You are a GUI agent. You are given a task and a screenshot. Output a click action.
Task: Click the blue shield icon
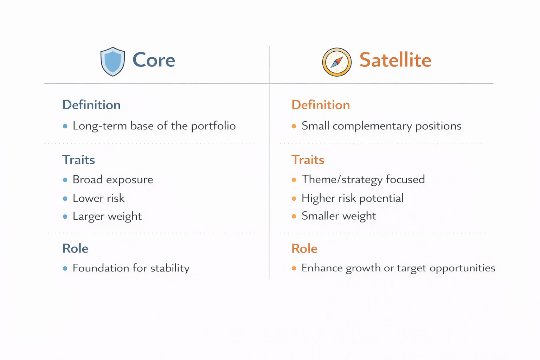pyautogui.click(x=112, y=62)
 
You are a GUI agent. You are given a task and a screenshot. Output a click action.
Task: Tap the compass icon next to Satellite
pyautogui.click(x=337, y=62)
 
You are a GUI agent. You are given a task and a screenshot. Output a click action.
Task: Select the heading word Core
pyautogui.click(x=154, y=60)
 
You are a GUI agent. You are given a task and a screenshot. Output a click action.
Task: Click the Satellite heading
pyautogui.click(x=396, y=59)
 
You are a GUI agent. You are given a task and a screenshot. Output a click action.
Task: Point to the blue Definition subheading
pyautogui.click(x=91, y=105)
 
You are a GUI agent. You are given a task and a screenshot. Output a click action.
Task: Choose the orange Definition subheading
pyautogui.click(x=321, y=105)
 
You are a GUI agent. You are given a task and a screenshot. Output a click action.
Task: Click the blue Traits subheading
pyautogui.click(x=79, y=160)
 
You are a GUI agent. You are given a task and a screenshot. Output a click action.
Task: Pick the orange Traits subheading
pyautogui.click(x=308, y=160)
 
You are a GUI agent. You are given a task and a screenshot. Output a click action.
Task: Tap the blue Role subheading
pyautogui.click(x=75, y=248)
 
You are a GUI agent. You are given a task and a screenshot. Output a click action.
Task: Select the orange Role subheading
pyautogui.click(x=304, y=248)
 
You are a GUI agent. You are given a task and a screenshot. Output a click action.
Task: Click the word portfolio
pyautogui.click(x=213, y=126)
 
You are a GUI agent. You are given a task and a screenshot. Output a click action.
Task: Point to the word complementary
pyautogui.click(x=372, y=126)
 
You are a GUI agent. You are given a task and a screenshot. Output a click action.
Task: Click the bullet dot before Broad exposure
pyautogui.click(x=65, y=180)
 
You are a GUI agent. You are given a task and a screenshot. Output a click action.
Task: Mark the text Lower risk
pyautogui.click(x=98, y=198)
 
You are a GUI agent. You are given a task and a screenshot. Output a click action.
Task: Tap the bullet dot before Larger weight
pyautogui.click(x=65, y=217)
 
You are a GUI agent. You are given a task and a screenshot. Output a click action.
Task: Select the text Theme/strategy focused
pyautogui.click(x=363, y=180)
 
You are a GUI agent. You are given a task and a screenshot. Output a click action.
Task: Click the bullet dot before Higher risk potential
pyautogui.click(x=294, y=198)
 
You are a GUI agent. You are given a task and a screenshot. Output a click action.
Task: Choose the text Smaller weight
pyautogui.click(x=339, y=216)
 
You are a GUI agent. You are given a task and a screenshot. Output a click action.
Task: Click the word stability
pyautogui.click(x=170, y=268)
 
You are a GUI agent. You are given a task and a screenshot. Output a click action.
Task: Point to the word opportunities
pyautogui.click(x=462, y=268)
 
